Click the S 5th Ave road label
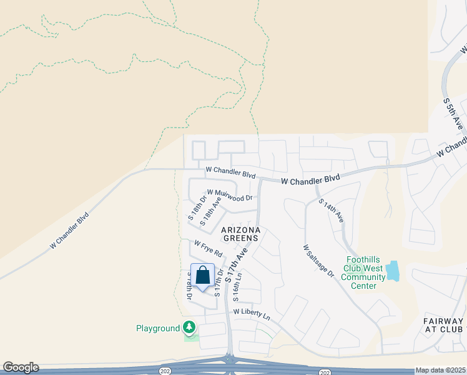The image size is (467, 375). tap(454, 113)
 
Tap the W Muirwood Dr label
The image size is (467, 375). tap(230, 196)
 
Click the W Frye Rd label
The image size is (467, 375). tap(209, 249)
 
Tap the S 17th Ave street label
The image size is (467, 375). tap(238, 262)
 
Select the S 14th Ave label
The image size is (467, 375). tap(331, 211)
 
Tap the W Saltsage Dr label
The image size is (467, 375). tap(318, 261)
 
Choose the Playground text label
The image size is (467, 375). tap(159, 328)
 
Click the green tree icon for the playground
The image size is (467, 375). tap(189, 327)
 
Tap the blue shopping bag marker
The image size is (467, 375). tap(203, 275)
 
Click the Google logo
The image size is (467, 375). tap(21, 367)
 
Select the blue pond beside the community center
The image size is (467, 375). tap(393, 271)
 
